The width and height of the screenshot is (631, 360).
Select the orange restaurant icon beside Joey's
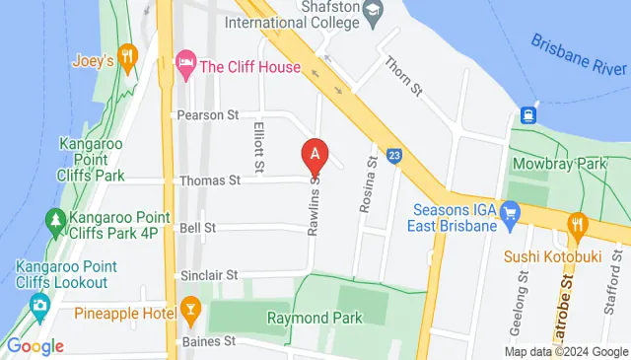coord(126,56)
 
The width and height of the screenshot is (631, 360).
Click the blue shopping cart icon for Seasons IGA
coord(509,212)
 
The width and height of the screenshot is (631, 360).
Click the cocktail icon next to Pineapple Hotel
coord(190,316)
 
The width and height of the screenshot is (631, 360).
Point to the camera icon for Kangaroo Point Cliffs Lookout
coord(39,305)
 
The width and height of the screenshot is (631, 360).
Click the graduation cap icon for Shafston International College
coord(373,13)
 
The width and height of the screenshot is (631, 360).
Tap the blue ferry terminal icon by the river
coord(529,114)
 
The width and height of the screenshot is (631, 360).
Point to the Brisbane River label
coord(579,56)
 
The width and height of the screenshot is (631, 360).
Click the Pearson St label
coord(208,115)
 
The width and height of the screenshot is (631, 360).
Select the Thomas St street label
coord(209,180)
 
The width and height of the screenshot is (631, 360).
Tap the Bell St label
coord(197,228)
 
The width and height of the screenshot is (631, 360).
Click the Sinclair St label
coord(209,275)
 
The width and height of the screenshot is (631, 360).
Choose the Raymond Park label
coord(315,318)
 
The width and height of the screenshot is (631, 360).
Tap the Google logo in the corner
coord(35,346)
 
